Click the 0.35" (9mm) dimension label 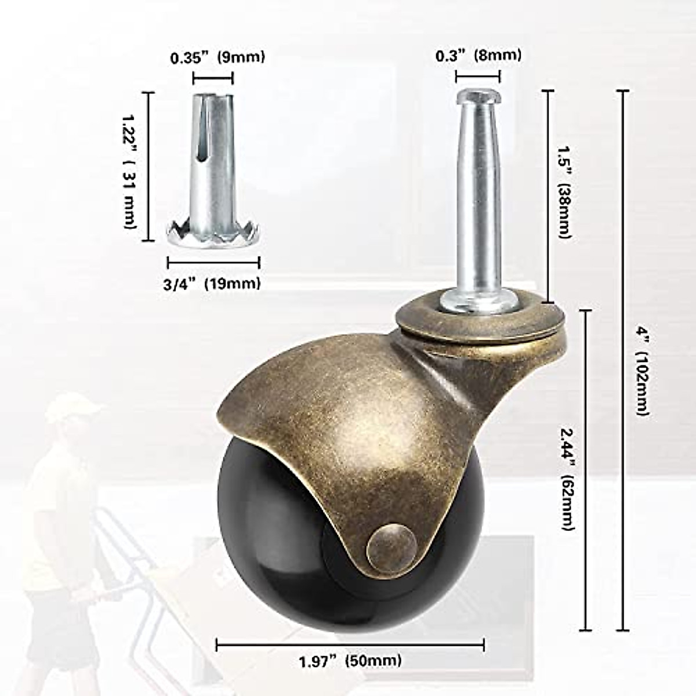[x=217, y=57]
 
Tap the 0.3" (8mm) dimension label [x=478, y=55]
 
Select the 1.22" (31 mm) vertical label [x=129, y=166]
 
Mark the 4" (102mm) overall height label [x=642, y=371]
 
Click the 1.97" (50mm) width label [x=350, y=660]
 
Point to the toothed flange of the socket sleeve [x=213, y=230]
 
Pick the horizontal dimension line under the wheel [x=350, y=644]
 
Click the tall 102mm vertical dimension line [x=623, y=360]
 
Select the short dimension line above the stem [x=478, y=76]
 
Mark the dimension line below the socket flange [x=213, y=263]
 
